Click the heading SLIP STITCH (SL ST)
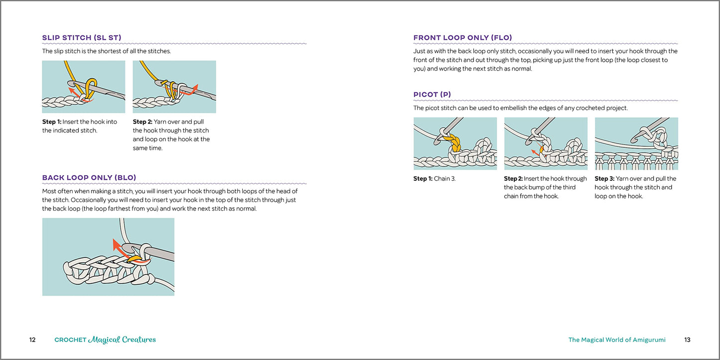tap(82, 37)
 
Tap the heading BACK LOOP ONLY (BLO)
tap(89, 178)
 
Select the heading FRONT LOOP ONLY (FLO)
tap(462, 37)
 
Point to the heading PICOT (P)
tap(432, 95)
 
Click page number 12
tap(32, 340)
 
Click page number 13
tap(687, 340)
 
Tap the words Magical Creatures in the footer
tap(122, 340)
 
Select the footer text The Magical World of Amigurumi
tap(617, 340)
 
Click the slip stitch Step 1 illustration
tap(84, 87)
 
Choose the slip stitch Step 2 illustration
tap(174, 87)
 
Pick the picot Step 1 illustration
tap(455, 143)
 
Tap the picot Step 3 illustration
tap(636, 143)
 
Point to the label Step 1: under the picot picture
tap(423, 179)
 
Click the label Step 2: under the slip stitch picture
tap(143, 121)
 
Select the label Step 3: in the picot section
tap(604, 179)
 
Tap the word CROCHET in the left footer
tap(70, 340)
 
